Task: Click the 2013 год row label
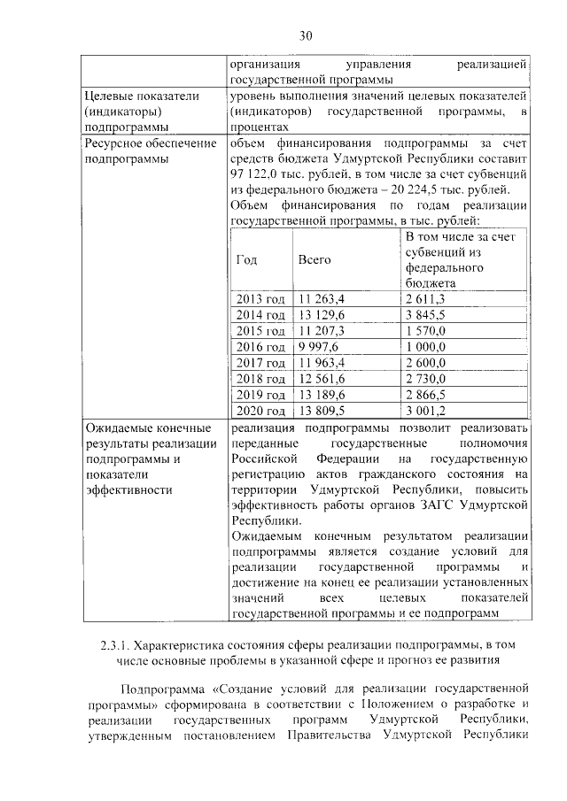tap(260, 300)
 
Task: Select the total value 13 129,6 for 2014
tap(321, 315)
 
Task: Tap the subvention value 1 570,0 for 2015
tap(425, 330)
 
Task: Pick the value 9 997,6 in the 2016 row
tap(318, 346)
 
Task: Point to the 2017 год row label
tap(260, 363)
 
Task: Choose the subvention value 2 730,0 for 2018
tap(425, 379)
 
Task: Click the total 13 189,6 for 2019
tap(321, 395)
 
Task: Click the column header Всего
tap(314, 260)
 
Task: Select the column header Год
tap(247, 260)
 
